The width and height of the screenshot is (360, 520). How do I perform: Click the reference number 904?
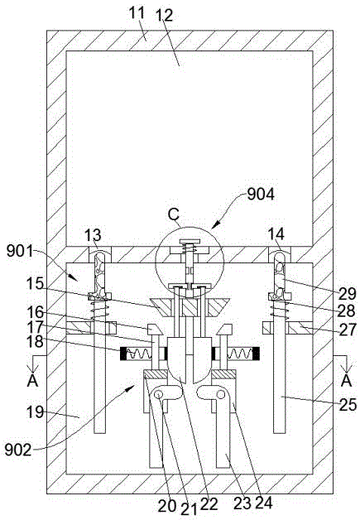click(x=261, y=195)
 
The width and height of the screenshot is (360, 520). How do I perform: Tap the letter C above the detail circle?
click(x=173, y=214)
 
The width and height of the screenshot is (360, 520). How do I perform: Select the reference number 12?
click(x=165, y=15)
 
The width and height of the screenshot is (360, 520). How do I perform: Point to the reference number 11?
click(x=137, y=13)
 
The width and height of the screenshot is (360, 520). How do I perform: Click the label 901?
click(x=20, y=252)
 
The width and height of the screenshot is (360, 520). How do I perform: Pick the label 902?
click(x=18, y=450)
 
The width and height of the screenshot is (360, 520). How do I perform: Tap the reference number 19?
click(x=35, y=412)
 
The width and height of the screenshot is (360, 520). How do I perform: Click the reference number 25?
click(x=347, y=405)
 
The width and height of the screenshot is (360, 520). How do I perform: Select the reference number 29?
click(x=347, y=294)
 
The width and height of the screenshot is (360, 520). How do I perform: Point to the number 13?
click(x=93, y=235)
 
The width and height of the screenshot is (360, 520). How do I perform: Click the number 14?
click(x=276, y=234)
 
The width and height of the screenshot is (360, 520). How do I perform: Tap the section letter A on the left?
click(x=32, y=381)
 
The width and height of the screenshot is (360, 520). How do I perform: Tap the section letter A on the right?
click(x=347, y=380)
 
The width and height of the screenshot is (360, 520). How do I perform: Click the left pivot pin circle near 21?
click(x=159, y=394)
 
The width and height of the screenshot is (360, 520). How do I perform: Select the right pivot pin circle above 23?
click(x=219, y=394)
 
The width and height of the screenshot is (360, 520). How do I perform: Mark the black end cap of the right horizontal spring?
click(x=256, y=354)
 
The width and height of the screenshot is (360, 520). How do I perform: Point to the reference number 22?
click(x=209, y=504)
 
